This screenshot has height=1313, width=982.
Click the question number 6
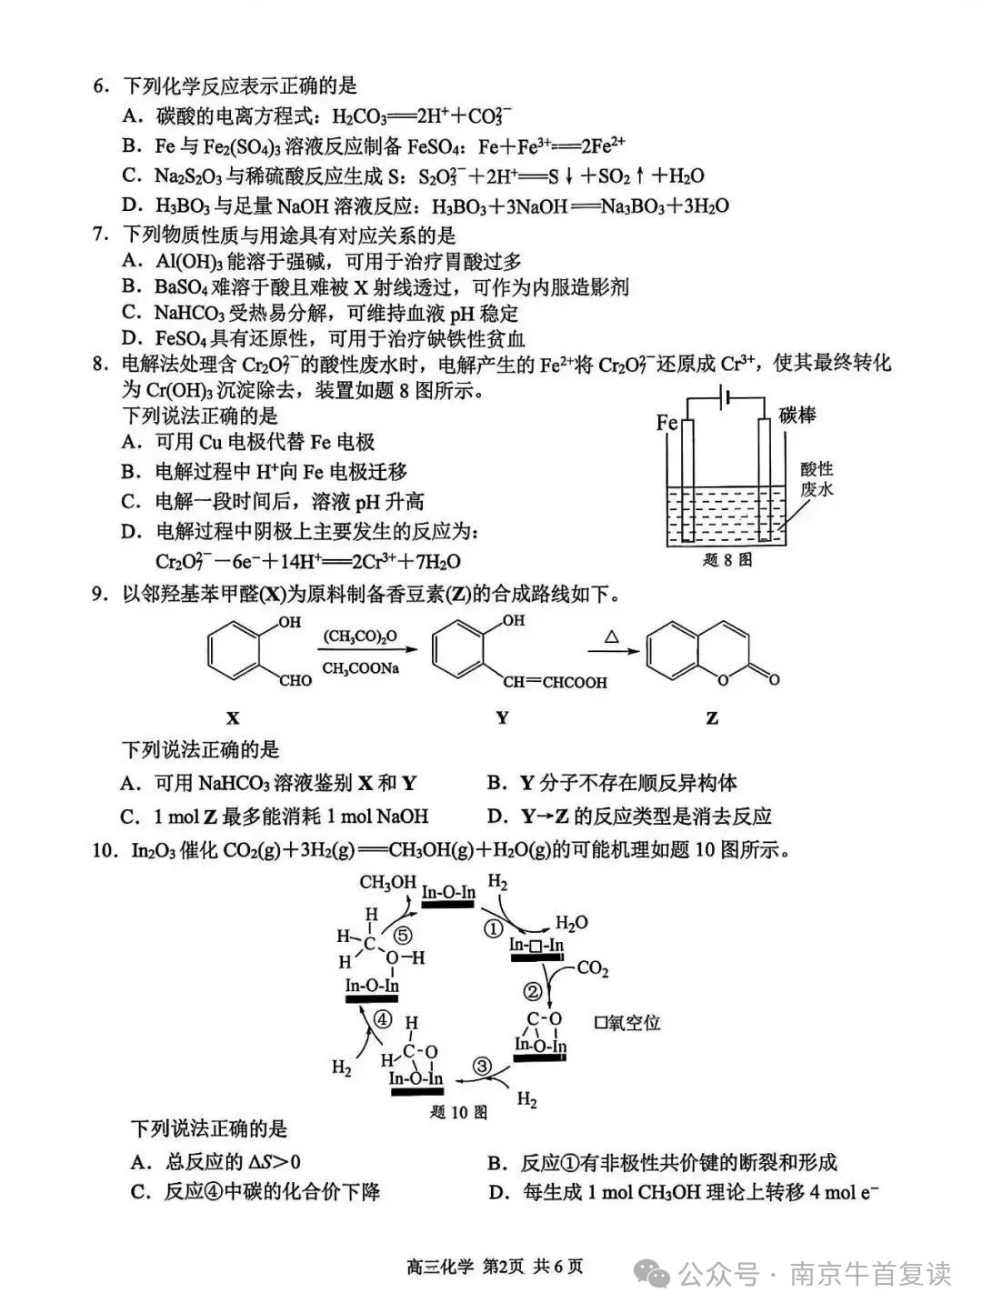tap(100, 86)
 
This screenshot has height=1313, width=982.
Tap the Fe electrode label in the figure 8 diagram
tap(666, 423)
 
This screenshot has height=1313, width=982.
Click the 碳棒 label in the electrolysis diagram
tap(797, 415)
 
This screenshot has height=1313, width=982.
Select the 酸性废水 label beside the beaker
tap(817, 479)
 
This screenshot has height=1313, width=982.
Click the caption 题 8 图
tap(727, 560)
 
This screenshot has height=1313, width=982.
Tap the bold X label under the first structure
tap(233, 717)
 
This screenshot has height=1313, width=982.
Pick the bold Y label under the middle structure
tap(502, 717)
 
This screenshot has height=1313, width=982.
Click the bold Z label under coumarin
tap(712, 717)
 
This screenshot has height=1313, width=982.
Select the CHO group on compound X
tap(296, 680)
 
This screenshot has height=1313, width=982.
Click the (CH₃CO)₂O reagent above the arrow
tap(360, 636)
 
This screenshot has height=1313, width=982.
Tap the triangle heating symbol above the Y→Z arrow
tap(611, 636)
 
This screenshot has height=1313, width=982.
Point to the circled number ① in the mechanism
tap(494, 928)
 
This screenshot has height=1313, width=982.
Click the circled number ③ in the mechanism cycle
tap(482, 1066)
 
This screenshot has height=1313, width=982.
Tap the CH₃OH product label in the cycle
tap(387, 882)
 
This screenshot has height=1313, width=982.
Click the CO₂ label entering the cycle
tap(592, 967)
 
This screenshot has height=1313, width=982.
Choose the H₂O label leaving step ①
tap(571, 923)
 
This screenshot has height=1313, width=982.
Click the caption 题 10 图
tap(458, 1112)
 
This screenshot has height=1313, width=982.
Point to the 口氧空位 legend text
tap(627, 1023)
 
